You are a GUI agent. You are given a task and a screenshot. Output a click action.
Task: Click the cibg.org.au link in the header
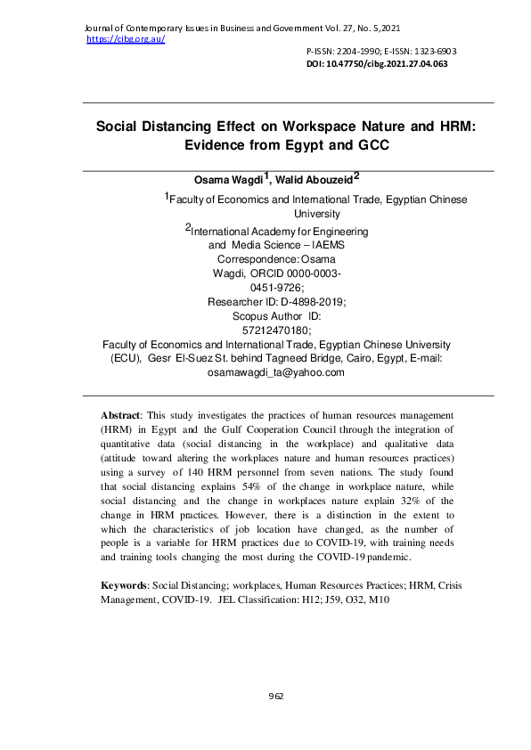pyautogui.click(x=126, y=40)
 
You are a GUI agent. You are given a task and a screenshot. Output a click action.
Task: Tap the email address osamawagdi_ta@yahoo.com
pyautogui.click(x=275, y=372)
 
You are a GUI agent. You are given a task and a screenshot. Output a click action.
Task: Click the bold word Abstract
pyautogui.click(x=120, y=416)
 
